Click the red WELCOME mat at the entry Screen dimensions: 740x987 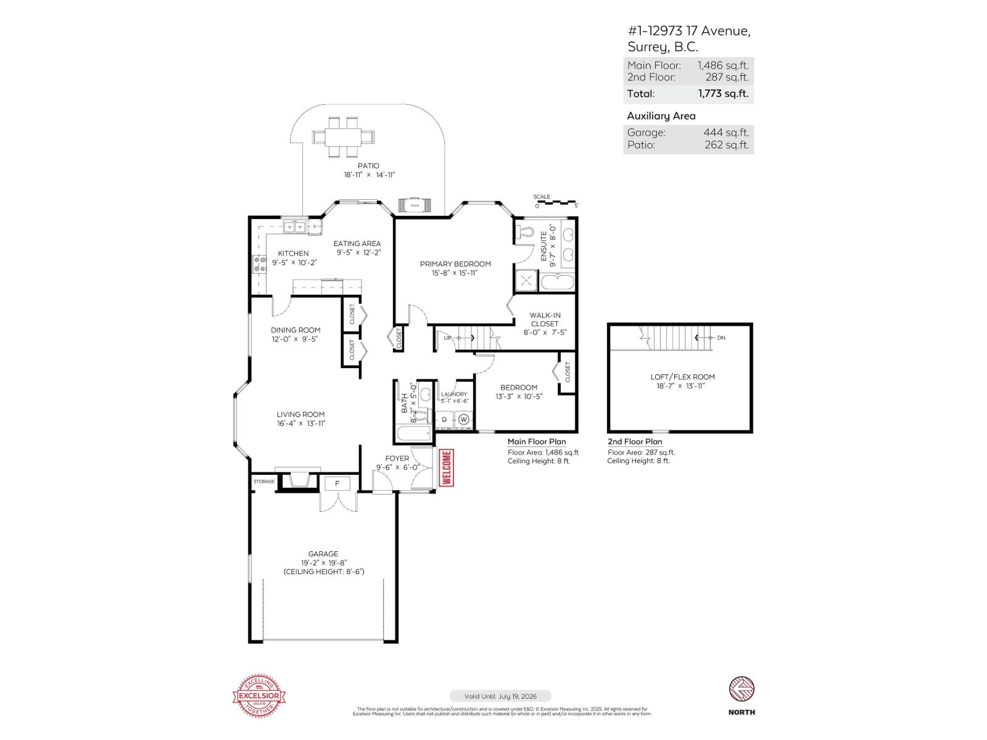tap(446, 468)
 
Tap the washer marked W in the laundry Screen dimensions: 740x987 tap(464, 420)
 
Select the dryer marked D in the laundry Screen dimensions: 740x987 tap(444, 420)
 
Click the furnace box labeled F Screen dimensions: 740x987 tap(337, 483)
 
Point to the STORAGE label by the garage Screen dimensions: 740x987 tap(264, 482)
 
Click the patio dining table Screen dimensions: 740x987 tap(343, 136)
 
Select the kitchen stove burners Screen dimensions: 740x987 tap(258, 264)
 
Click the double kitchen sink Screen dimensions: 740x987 tap(295, 227)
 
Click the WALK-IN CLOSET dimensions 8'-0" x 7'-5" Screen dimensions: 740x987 tap(545, 332)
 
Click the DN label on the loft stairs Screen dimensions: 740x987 tap(721, 338)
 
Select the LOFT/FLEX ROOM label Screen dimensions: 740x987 tap(682, 377)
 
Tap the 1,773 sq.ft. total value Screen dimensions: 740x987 tap(723, 94)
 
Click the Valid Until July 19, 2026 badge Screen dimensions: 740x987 tap(500, 696)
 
